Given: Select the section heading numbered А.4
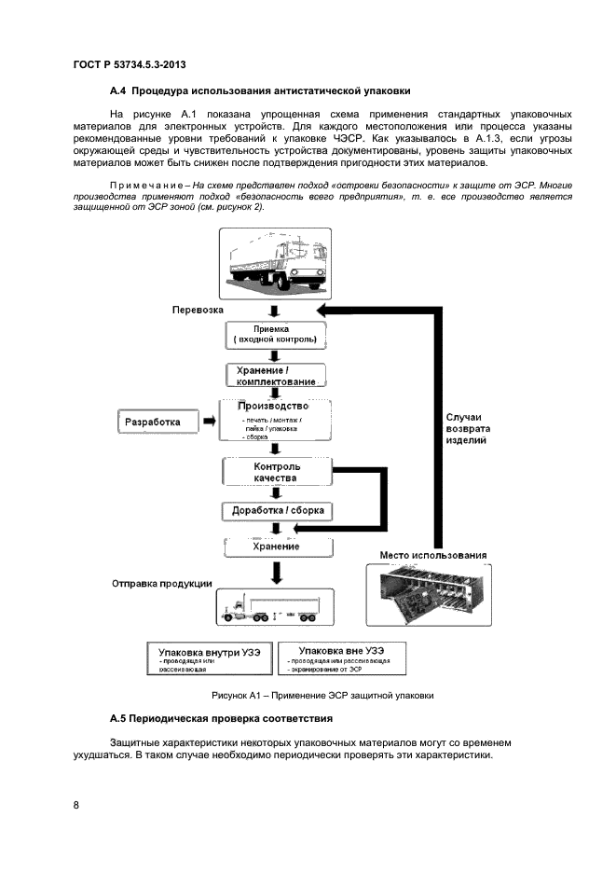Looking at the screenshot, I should (x=259, y=90).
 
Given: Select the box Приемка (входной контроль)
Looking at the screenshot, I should (x=275, y=334).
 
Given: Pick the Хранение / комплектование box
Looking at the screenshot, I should (x=275, y=375).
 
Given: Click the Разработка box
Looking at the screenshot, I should (x=160, y=422).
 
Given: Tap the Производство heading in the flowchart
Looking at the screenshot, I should (x=273, y=407).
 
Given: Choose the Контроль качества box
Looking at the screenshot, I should (x=277, y=471).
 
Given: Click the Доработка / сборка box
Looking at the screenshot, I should (x=277, y=511).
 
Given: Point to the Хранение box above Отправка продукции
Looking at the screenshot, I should (x=276, y=547).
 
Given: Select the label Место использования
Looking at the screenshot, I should (x=433, y=556).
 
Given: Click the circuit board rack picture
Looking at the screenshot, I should (x=432, y=594).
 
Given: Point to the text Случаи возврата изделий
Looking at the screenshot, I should (x=462, y=427).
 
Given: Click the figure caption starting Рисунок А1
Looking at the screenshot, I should (x=322, y=695).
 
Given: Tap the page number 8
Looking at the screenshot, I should (x=76, y=806).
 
